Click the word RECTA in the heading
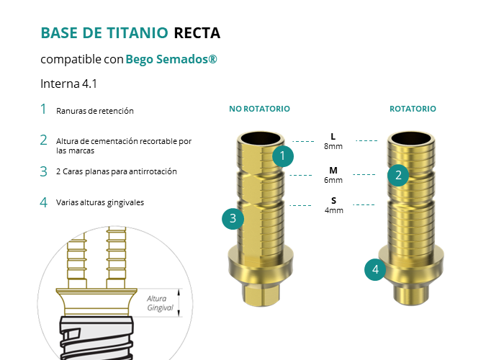pyautogui.click(x=197, y=33)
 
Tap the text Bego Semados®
pyautogui.click(x=171, y=59)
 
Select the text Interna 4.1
pyautogui.click(x=68, y=84)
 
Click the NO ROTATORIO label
pyautogui.click(x=259, y=109)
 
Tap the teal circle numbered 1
pyautogui.click(x=283, y=155)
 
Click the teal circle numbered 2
pyautogui.click(x=397, y=174)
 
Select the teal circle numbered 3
pyautogui.click(x=233, y=218)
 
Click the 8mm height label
pyautogui.click(x=333, y=146)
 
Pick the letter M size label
pyautogui.click(x=333, y=171)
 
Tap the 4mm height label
pyautogui.click(x=333, y=210)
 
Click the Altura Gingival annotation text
pyautogui.click(x=161, y=303)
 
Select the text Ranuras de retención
pyautogui.click(x=95, y=111)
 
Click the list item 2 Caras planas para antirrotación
pyautogui.click(x=116, y=171)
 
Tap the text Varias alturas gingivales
pyautogui.click(x=100, y=202)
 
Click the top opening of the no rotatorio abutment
pyautogui.click(x=258, y=138)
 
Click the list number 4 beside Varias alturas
pyautogui.click(x=43, y=202)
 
